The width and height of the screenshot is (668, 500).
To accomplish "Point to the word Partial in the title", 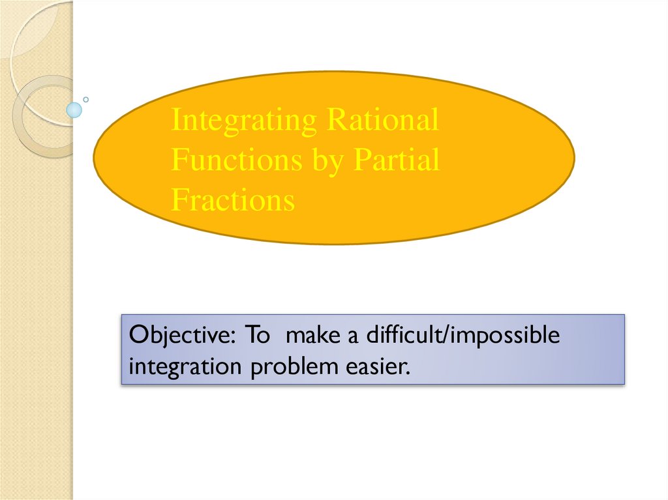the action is [x=397, y=160].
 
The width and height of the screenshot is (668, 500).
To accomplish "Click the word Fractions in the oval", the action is [x=233, y=200].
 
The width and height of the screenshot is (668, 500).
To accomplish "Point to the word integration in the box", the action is [x=185, y=366].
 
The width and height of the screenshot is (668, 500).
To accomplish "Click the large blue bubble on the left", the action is [x=75, y=110].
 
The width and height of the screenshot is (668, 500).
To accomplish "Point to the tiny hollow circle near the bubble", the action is [x=86, y=100].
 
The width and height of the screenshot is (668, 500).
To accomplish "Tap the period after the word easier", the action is [x=410, y=372].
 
